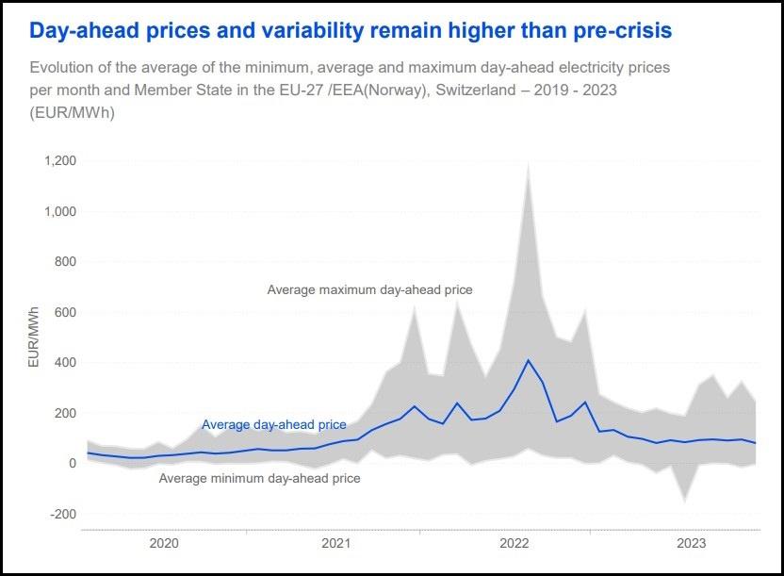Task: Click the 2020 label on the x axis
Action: (x=164, y=544)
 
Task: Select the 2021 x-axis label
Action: (x=337, y=544)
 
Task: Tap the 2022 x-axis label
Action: (x=514, y=544)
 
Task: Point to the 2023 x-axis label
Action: (x=692, y=544)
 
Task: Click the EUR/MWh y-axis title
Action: (x=33, y=337)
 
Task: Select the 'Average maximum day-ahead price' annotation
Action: (x=369, y=290)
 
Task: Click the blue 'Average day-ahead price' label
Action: (x=273, y=425)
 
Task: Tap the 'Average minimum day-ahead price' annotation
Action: (x=259, y=479)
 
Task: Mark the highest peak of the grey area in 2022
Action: (x=529, y=163)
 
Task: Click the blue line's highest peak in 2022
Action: (x=529, y=360)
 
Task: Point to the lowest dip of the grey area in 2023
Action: (x=685, y=502)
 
